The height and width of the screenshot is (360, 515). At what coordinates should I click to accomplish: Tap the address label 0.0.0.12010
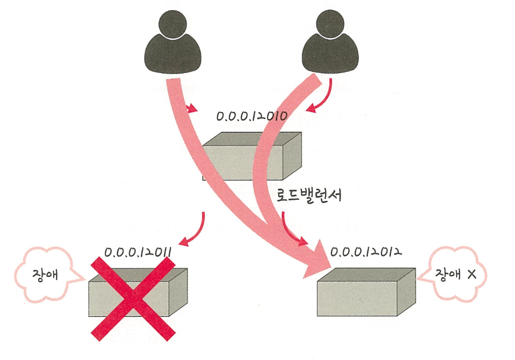252,117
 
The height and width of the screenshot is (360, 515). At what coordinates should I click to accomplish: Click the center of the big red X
133,298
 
